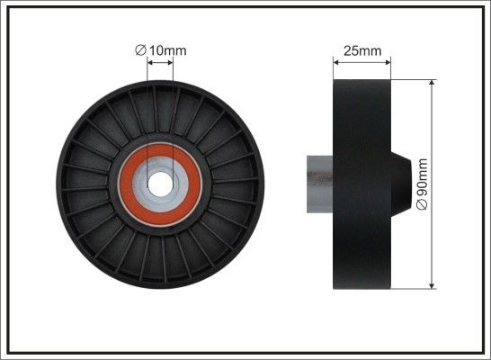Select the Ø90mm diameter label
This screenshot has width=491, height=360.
(424, 184)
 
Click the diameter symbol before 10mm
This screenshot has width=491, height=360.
(140, 50)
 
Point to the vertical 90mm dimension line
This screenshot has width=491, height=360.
(435, 135)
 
